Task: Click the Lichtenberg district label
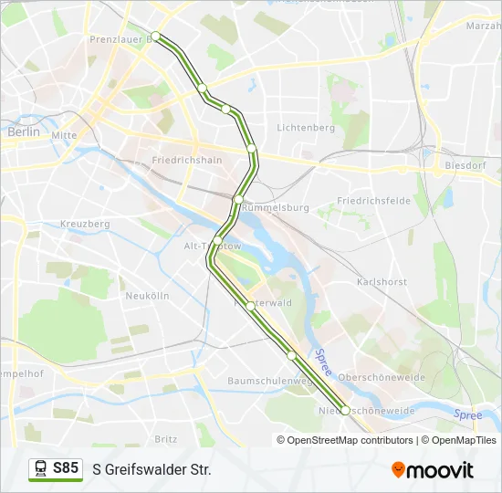tap(307, 128)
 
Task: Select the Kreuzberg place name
tap(85, 224)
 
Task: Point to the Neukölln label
tap(148, 296)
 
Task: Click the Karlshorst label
tap(382, 282)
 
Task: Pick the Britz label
tap(166, 438)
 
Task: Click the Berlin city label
tap(23, 131)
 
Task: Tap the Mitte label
tap(64, 135)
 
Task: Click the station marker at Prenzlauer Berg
tap(156, 37)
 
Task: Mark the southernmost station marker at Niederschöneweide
tap(345, 410)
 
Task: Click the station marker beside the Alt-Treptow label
tap(218, 240)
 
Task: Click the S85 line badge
tap(56, 468)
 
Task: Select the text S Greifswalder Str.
tap(152, 469)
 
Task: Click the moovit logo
tap(433, 469)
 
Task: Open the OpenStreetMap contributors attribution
tap(350, 440)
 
